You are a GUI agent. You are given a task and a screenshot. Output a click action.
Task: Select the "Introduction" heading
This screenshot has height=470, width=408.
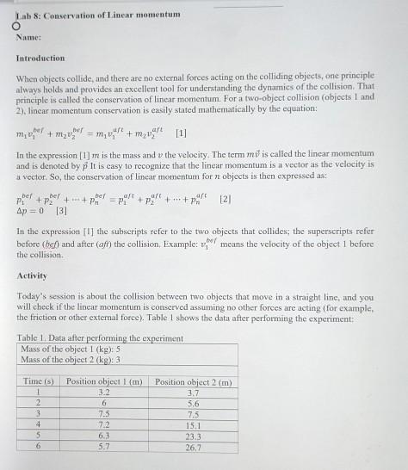(x=40, y=59)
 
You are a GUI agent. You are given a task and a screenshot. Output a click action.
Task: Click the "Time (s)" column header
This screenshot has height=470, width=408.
(x=37, y=380)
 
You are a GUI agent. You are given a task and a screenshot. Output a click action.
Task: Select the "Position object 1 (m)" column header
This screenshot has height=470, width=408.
(x=103, y=380)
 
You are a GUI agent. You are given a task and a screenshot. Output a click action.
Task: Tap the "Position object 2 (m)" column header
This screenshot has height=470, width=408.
(x=193, y=380)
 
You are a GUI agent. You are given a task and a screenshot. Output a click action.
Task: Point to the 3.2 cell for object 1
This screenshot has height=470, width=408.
(x=103, y=391)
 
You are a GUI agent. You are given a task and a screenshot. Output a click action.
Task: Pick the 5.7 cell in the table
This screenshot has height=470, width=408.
(x=103, y=447)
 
